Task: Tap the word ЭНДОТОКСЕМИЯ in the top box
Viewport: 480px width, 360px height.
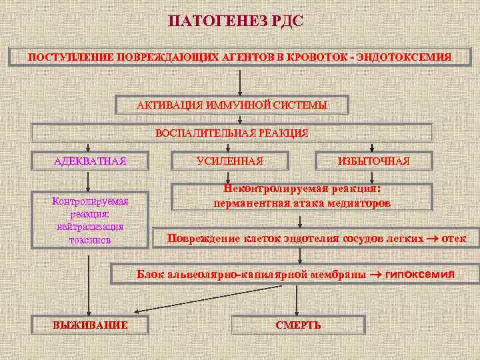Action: [413, 57]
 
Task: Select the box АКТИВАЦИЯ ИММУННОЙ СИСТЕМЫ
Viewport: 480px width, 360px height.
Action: [232, 105]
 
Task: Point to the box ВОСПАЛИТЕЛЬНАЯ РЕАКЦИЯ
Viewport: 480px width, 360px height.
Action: [232, 133]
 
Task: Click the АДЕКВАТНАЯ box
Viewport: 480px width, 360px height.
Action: [89, 161]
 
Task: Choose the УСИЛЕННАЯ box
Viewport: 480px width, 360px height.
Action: [230, 161]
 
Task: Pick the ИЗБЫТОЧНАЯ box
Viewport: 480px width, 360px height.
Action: [373, 161]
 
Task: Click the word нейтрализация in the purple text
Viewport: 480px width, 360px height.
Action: [89, 227]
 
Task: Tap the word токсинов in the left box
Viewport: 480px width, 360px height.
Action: [89, 239]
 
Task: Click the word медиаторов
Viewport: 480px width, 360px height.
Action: [359, 202]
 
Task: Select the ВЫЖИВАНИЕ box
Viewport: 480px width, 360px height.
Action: [90, 325]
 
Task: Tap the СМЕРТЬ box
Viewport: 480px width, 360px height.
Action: [298, 325]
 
